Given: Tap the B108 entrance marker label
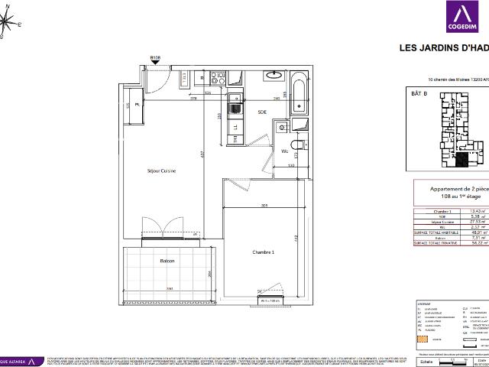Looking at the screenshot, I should [x=156, y=57].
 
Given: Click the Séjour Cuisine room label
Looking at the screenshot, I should [x=161, y=171].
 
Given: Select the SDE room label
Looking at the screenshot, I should [x=262, y=112].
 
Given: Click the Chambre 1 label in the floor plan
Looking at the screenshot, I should [x=264, y=252].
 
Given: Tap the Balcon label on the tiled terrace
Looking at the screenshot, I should [x=167, y=261].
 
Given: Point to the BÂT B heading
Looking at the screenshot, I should [x=419, y=93].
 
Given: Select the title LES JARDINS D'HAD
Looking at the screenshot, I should [x=444, y=47].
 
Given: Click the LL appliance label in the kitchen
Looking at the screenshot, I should [x=236, y=128].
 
